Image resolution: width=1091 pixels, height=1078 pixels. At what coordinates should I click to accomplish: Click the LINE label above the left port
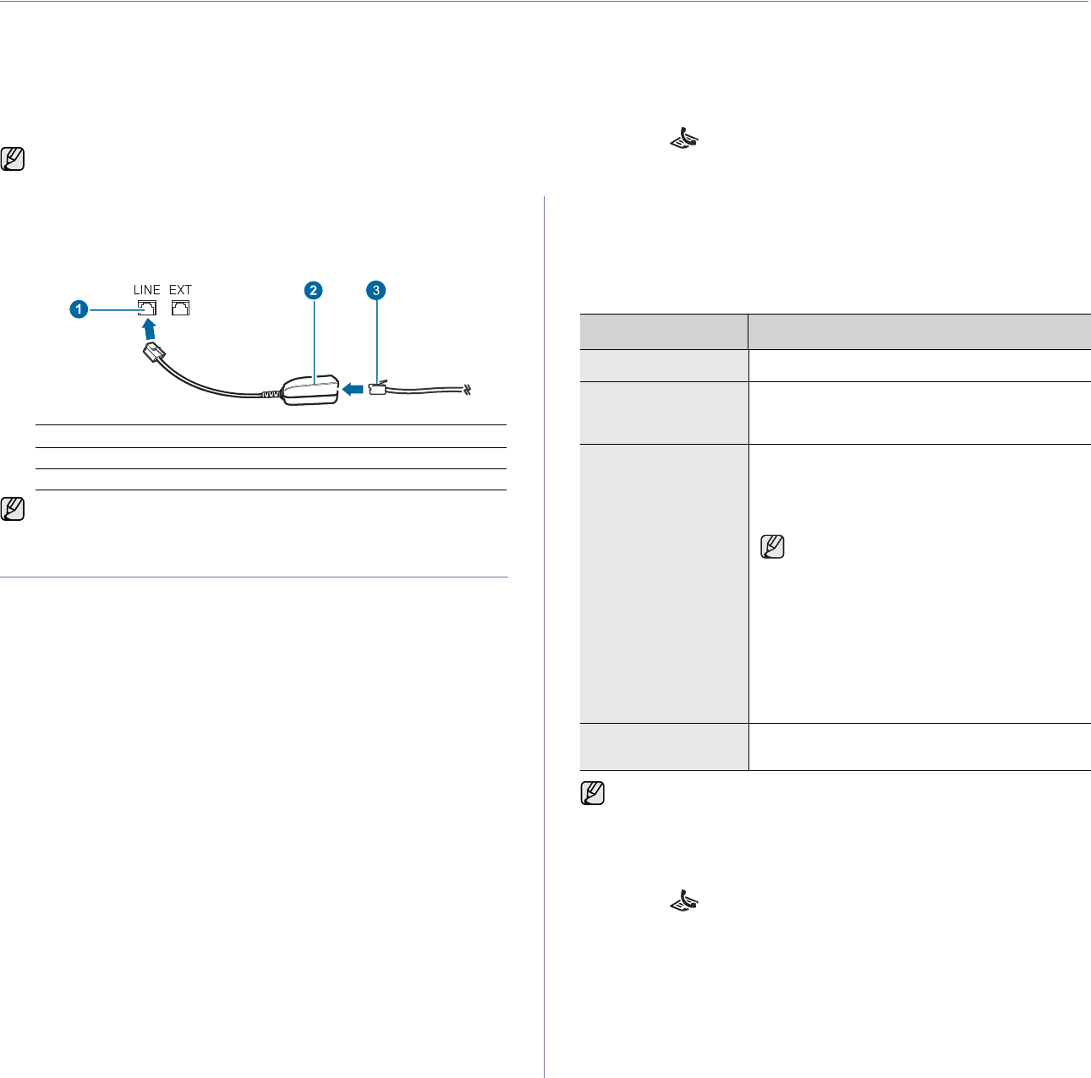pyautogui.click(x=146, y=290)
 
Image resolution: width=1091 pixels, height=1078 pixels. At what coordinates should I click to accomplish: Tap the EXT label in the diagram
pyautogui.click(x=180, y=290)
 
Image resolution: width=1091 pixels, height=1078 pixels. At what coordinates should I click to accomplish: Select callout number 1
pyautogui.click(x=78, y=309)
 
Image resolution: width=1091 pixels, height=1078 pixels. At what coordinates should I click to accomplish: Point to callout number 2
pyautogui.click(x=313, y=290)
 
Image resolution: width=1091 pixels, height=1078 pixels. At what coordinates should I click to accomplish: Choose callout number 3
pyautogui.click(x=376, y=290)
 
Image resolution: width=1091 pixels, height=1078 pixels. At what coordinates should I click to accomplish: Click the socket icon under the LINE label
pyautogui.click(x=146, y=308)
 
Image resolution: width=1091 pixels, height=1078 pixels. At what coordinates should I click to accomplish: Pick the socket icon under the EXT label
pyautogui.click(x=180, y=308)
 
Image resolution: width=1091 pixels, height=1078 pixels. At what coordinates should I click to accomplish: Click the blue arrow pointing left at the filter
pyautogui.click(x=354, y=389)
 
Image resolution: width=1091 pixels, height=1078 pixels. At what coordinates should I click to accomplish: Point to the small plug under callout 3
pyautogui.click(x=378, y=389)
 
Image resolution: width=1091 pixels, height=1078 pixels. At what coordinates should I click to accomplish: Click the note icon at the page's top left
pyautogui.click(x=14, y=159)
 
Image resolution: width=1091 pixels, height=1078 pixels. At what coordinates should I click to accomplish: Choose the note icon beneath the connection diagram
pyautogui.click(x=14, y=509)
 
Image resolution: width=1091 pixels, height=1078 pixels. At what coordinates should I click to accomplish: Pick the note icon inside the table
pyautogui.click(x=773, y=547)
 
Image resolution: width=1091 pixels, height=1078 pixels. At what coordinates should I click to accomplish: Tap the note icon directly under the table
pyautogui.click(x=593, y=793)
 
